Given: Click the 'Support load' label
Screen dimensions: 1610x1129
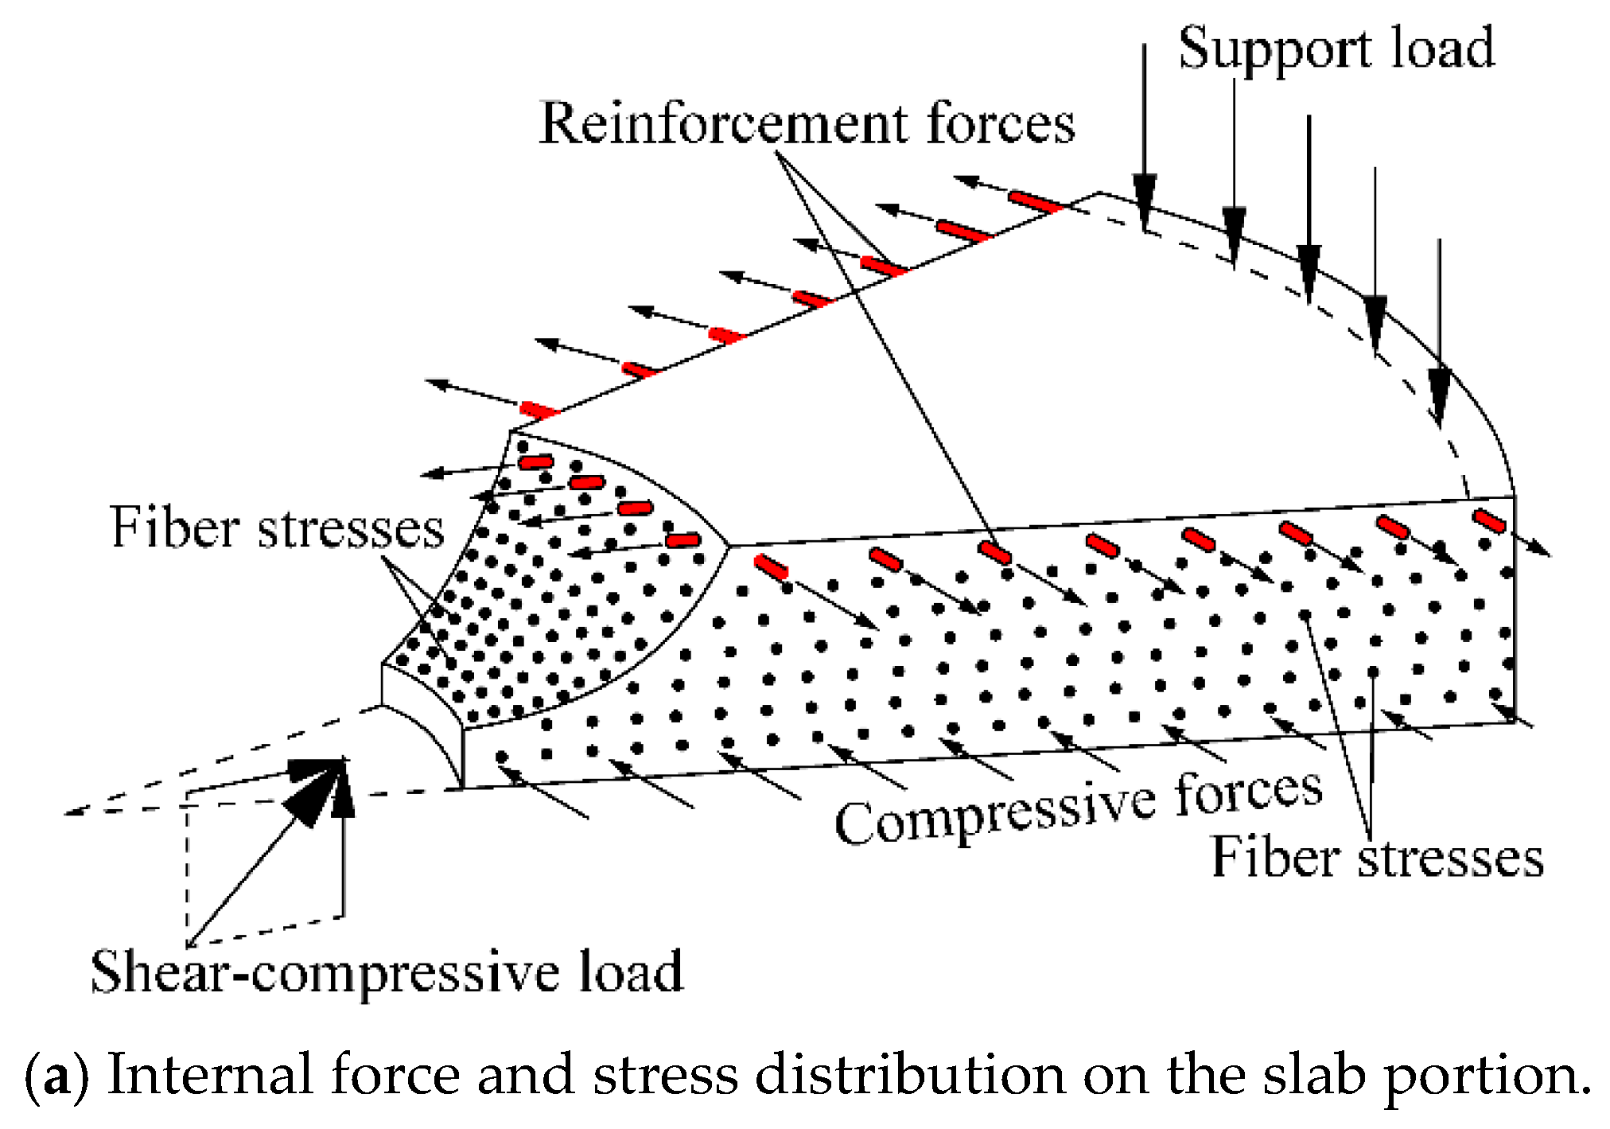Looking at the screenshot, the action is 1336,49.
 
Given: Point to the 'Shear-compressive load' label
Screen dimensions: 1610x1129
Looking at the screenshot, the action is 387,972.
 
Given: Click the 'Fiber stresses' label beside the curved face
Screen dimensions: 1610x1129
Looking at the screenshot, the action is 277,527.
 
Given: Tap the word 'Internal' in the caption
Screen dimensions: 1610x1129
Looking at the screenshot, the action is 212,1074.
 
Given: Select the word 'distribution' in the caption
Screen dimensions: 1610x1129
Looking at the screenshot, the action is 910,1074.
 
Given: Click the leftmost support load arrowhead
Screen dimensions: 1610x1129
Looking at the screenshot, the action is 1145,203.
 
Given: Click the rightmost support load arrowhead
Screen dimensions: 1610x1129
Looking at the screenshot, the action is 1439,395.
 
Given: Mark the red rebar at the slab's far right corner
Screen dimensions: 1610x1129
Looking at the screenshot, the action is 1489,521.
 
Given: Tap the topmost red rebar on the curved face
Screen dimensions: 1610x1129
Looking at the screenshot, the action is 536,462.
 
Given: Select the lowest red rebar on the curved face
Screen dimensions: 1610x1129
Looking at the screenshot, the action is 682,541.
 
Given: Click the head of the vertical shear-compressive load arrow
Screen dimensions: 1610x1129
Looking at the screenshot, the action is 343,788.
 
